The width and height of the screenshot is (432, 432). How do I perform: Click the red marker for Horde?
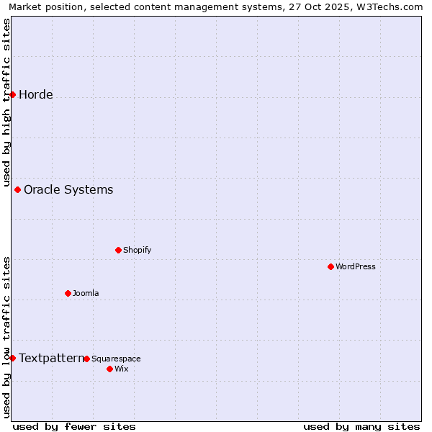coord(12,94)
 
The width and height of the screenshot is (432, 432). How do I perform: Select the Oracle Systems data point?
coord(17,189)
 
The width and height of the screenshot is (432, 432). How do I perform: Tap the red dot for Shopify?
coord(118,250)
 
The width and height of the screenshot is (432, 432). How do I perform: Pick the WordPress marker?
coord(330,266)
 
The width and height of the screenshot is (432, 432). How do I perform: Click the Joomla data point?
coord(68,293)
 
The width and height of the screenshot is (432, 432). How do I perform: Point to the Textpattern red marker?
coord(12,358)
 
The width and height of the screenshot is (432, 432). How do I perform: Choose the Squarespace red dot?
coord(86,359)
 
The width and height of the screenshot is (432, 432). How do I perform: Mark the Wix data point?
coord(109,369)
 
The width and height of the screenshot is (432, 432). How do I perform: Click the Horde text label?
coord(36,94)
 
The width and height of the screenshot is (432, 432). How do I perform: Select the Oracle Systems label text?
coord(68,189)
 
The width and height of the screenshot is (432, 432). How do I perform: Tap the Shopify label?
coord(137,250)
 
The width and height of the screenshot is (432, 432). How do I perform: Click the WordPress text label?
coord(356,266)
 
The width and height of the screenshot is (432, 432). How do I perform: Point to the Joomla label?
coord(86,293)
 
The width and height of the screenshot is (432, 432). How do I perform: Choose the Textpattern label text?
coord(51,358)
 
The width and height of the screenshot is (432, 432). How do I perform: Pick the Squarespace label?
coord(116,359)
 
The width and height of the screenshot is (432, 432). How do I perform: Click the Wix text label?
coord(121,369)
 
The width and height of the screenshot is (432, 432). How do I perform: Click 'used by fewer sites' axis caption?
coord(74,426)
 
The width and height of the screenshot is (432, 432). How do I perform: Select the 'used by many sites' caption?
coord(361,426)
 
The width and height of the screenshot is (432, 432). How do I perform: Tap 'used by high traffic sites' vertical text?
coord(6,101)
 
